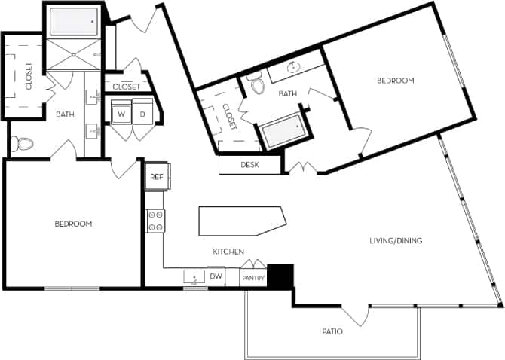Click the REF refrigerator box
[156, 177]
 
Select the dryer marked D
[142, 114]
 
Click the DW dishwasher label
[216, 277]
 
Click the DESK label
[250, 165]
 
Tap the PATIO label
[332, 331]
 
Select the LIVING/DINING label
[395, 241]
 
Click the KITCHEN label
[227, 252]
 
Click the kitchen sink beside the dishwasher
[194, 277]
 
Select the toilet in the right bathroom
[259, 84]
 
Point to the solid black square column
[280, 276]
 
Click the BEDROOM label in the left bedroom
[73, 224]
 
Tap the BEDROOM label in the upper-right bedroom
[396, 81]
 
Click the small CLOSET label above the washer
[126, 87]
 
